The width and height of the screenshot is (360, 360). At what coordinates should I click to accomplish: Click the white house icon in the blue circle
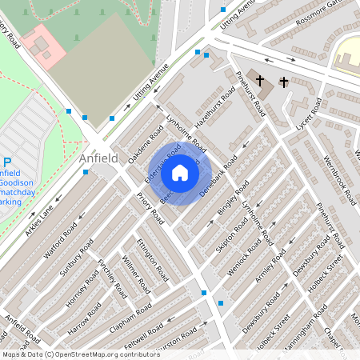pos(180,172)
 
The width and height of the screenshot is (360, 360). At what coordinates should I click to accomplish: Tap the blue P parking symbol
pos(6,161)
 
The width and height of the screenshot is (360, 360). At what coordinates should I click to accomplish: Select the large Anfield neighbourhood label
pos(98,158)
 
